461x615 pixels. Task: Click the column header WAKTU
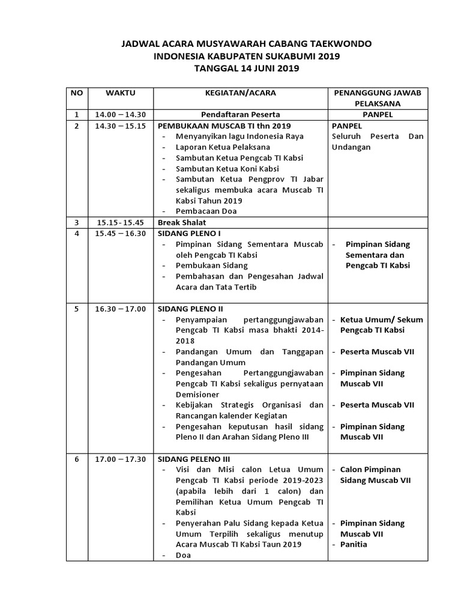121,93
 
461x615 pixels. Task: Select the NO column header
76,93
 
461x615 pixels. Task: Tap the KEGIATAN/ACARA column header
240,93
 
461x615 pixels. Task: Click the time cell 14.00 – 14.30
121,114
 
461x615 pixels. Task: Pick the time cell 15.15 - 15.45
121,222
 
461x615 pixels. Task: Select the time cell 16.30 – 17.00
121,309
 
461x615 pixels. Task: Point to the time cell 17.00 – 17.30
121,459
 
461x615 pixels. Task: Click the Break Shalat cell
178,222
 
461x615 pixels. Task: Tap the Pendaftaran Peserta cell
240,114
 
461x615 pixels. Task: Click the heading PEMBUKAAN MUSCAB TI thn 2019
224,126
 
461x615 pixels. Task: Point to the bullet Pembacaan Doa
206,211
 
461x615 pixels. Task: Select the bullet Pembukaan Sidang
211,265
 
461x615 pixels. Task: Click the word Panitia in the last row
354,544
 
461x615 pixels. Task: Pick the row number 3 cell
76,222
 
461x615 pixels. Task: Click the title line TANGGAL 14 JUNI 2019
247,68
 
